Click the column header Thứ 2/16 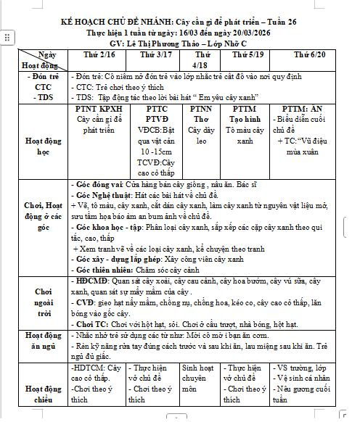pyautogui.click(x=99, y=54)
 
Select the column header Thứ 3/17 pyautogui.click(x=156, y=54)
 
